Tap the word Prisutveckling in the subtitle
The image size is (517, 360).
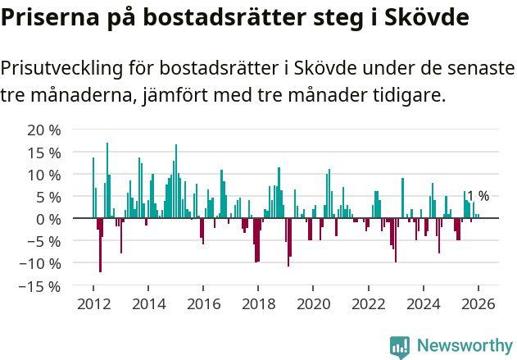[73, 68]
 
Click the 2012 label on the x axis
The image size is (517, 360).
[93, 303]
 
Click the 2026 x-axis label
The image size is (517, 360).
[478, 303]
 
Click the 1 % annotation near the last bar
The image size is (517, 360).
[478, 196]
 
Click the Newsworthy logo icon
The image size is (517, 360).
[400, 347]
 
